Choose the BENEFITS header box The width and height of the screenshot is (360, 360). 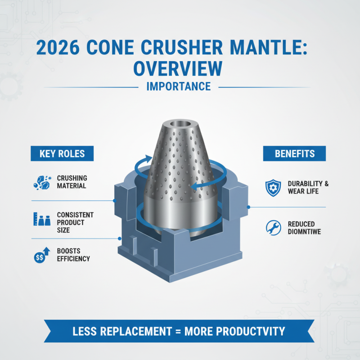pos(295,153)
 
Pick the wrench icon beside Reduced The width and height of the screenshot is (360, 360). pos(273,228)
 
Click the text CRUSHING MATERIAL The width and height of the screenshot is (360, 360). pos(72,182)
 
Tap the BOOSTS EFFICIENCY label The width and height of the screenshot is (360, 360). pos(73,255)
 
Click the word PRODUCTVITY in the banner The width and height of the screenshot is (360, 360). pos(251,332)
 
